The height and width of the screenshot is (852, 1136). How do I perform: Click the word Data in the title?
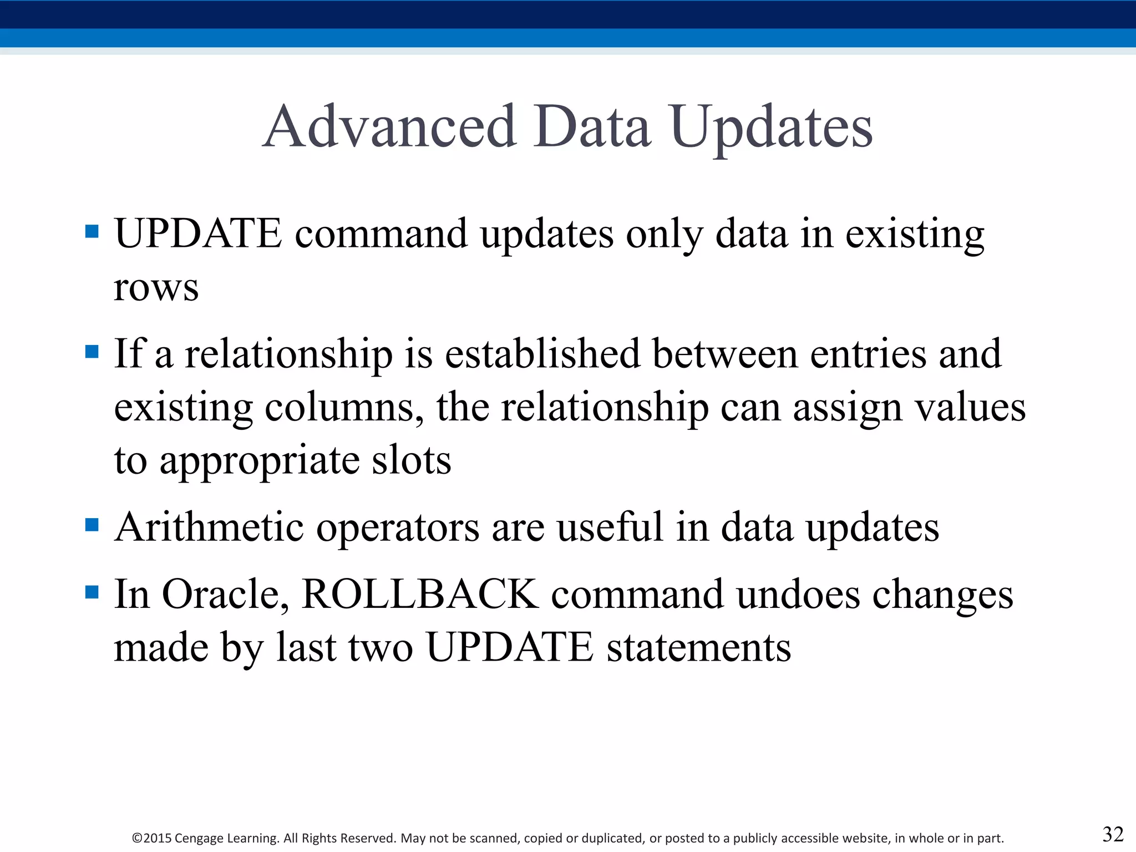coord(592,127)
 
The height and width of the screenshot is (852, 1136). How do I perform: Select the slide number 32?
coord(1113,834)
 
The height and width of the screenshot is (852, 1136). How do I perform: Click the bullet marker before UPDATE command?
coord(92,231)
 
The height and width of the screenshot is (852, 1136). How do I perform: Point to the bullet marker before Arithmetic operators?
coord(92,525)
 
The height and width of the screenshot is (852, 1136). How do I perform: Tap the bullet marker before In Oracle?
coord(92,592)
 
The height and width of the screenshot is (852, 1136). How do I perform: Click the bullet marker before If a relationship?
coord(92,351)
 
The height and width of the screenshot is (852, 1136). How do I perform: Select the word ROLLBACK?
coord(420,594)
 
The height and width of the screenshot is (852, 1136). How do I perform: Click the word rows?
coord(156,288)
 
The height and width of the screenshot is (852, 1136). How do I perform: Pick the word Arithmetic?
coord(209,527)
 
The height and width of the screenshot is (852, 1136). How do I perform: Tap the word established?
coord(542,354)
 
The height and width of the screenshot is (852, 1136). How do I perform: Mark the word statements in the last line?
coord(698,647)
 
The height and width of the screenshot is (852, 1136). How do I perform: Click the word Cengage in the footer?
coord(201,838)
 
